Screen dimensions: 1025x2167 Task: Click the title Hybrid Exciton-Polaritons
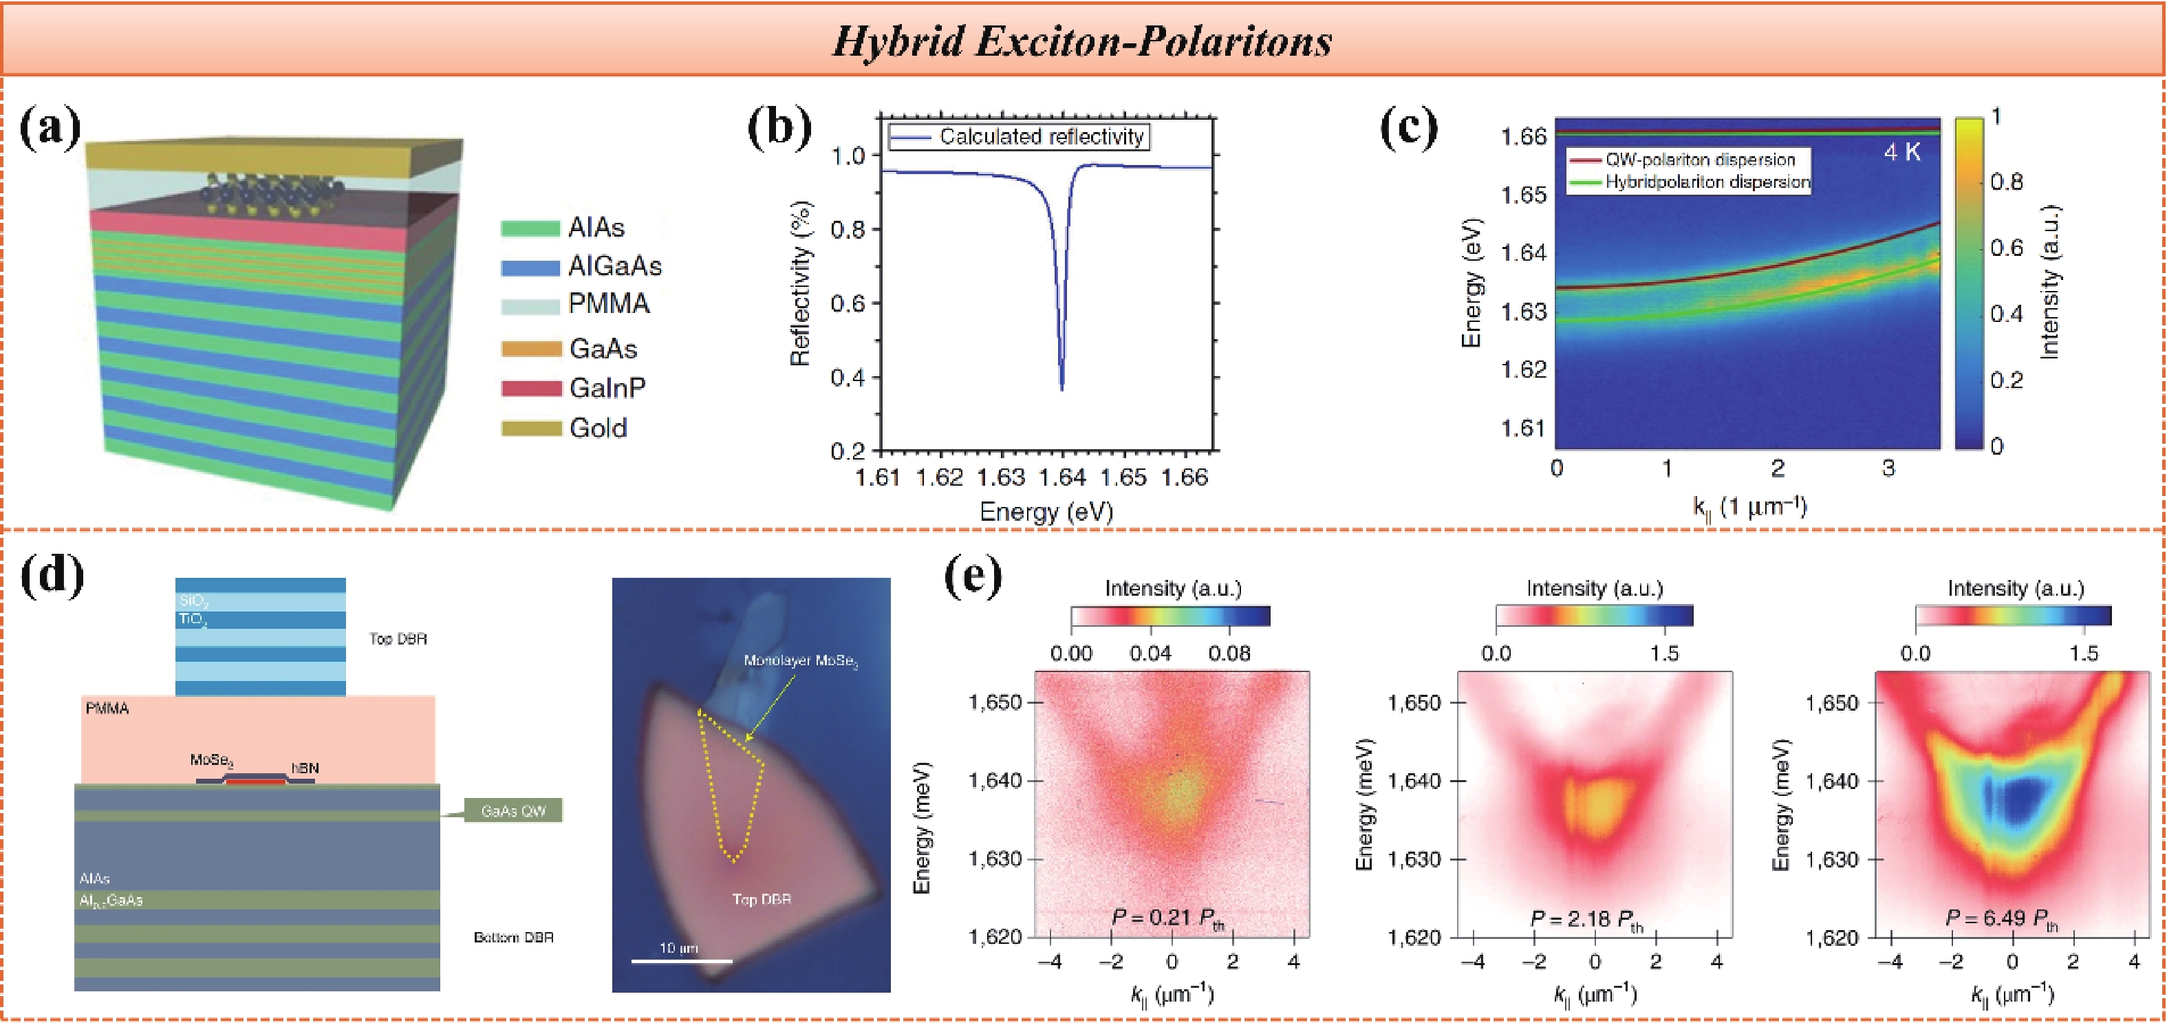[x=1082, y=41]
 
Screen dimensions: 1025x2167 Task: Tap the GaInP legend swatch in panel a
[x=531, y=388]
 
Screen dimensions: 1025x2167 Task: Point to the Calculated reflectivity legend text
[x=1042, y=136]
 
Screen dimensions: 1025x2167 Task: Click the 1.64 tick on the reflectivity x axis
[x=1061, y=477]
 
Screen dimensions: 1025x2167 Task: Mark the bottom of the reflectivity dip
[x=1061, y=388]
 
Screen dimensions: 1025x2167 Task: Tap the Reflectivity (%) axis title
[x=800, y=283]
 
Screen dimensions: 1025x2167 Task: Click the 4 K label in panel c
[x=1902, y=152]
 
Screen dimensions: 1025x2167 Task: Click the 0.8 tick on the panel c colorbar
[x=2006, y=182]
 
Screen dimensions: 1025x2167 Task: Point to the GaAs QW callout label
[x=513, y=810]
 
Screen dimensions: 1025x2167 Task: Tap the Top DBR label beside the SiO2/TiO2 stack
[x=398, y=638]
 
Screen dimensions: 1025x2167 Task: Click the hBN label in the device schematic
[x=305, y=768]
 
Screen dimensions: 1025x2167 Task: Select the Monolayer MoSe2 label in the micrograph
[x=800, y=660]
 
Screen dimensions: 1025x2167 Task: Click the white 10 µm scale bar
[x=681, y=960]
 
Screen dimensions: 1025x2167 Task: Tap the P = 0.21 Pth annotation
[x=1167, y=918]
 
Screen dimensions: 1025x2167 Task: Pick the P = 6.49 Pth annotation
[x=2002, y=918]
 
